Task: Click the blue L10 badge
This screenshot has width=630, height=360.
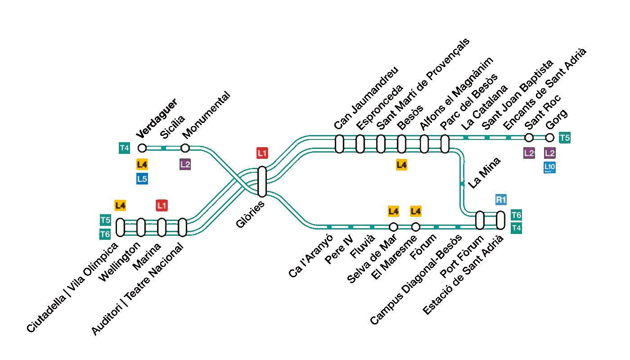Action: (x=549, y=167)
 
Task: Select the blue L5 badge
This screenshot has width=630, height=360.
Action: (x=142, y=179)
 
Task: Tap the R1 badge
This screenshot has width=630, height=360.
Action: (x=501, y=200)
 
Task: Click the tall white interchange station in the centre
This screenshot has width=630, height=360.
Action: (x=262, y=182)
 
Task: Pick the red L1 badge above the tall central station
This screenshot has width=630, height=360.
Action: (x=262, y=153)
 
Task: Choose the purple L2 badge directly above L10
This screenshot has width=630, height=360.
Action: (x=549, y=153)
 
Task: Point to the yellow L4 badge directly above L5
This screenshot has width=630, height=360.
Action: (x=142, y=164)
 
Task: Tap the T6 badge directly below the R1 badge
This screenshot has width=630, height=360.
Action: (x=516, y=215)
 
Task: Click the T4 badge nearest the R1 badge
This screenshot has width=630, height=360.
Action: (x=516, y=228)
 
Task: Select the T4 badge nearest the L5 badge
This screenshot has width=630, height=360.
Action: (x=124, y=148)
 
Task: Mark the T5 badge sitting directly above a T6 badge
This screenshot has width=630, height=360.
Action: (x=105, y=220)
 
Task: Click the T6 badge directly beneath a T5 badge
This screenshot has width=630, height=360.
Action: (x=105, y=234)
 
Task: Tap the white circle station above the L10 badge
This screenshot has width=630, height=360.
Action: (x=549, y=138)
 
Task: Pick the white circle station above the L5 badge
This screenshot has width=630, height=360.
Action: (x=142, y=148)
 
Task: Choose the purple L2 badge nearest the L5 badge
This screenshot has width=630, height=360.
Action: (x=185, y=164)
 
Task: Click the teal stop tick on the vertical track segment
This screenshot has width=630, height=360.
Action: (x=462, y=184)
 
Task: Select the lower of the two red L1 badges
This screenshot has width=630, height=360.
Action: (x=162, y=206)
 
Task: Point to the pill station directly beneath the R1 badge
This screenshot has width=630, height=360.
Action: (x=500, y=220)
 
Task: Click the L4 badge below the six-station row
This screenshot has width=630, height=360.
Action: (x=401, y=165)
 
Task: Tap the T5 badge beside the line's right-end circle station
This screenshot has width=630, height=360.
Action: (x=564, y=138)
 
